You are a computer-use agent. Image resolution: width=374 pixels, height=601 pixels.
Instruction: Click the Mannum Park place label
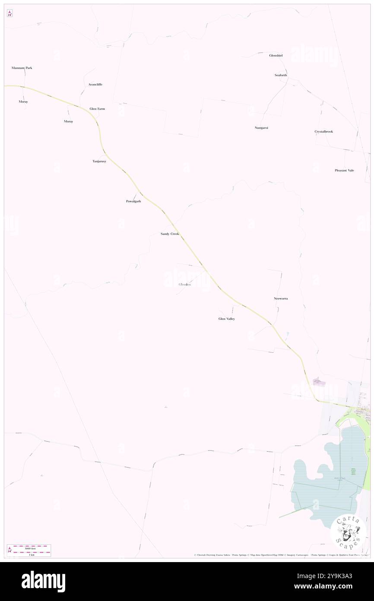(x=22, y=68)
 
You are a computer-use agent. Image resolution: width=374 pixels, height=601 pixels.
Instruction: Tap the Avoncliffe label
(x=95, y=84)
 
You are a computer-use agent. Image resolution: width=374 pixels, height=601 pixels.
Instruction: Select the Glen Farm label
(x=97, y=109)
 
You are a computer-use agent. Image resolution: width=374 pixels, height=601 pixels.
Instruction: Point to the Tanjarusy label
(x=99, y=161)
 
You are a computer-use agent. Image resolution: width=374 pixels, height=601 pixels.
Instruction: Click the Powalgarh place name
(x=133, y=201)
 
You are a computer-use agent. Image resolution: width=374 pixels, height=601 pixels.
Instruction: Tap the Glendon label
(x=184, y=285)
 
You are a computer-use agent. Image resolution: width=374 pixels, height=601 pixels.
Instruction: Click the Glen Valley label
(x=226, y=319)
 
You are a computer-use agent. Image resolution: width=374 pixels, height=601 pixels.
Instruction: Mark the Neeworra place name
(x=280, y=299)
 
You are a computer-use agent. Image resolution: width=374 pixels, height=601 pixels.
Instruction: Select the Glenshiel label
(x=276, y=56)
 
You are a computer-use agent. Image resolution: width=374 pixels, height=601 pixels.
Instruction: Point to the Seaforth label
(x=281, y=75)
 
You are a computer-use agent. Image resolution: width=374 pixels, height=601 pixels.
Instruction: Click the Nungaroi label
(x=261, y=128)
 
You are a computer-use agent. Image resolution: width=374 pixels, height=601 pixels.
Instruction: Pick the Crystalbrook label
(x=323, y=131)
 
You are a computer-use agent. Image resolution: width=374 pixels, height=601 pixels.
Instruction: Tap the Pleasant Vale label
(x=344, y=170)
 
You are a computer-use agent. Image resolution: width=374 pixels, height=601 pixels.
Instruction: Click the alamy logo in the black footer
(x=43, y=581)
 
